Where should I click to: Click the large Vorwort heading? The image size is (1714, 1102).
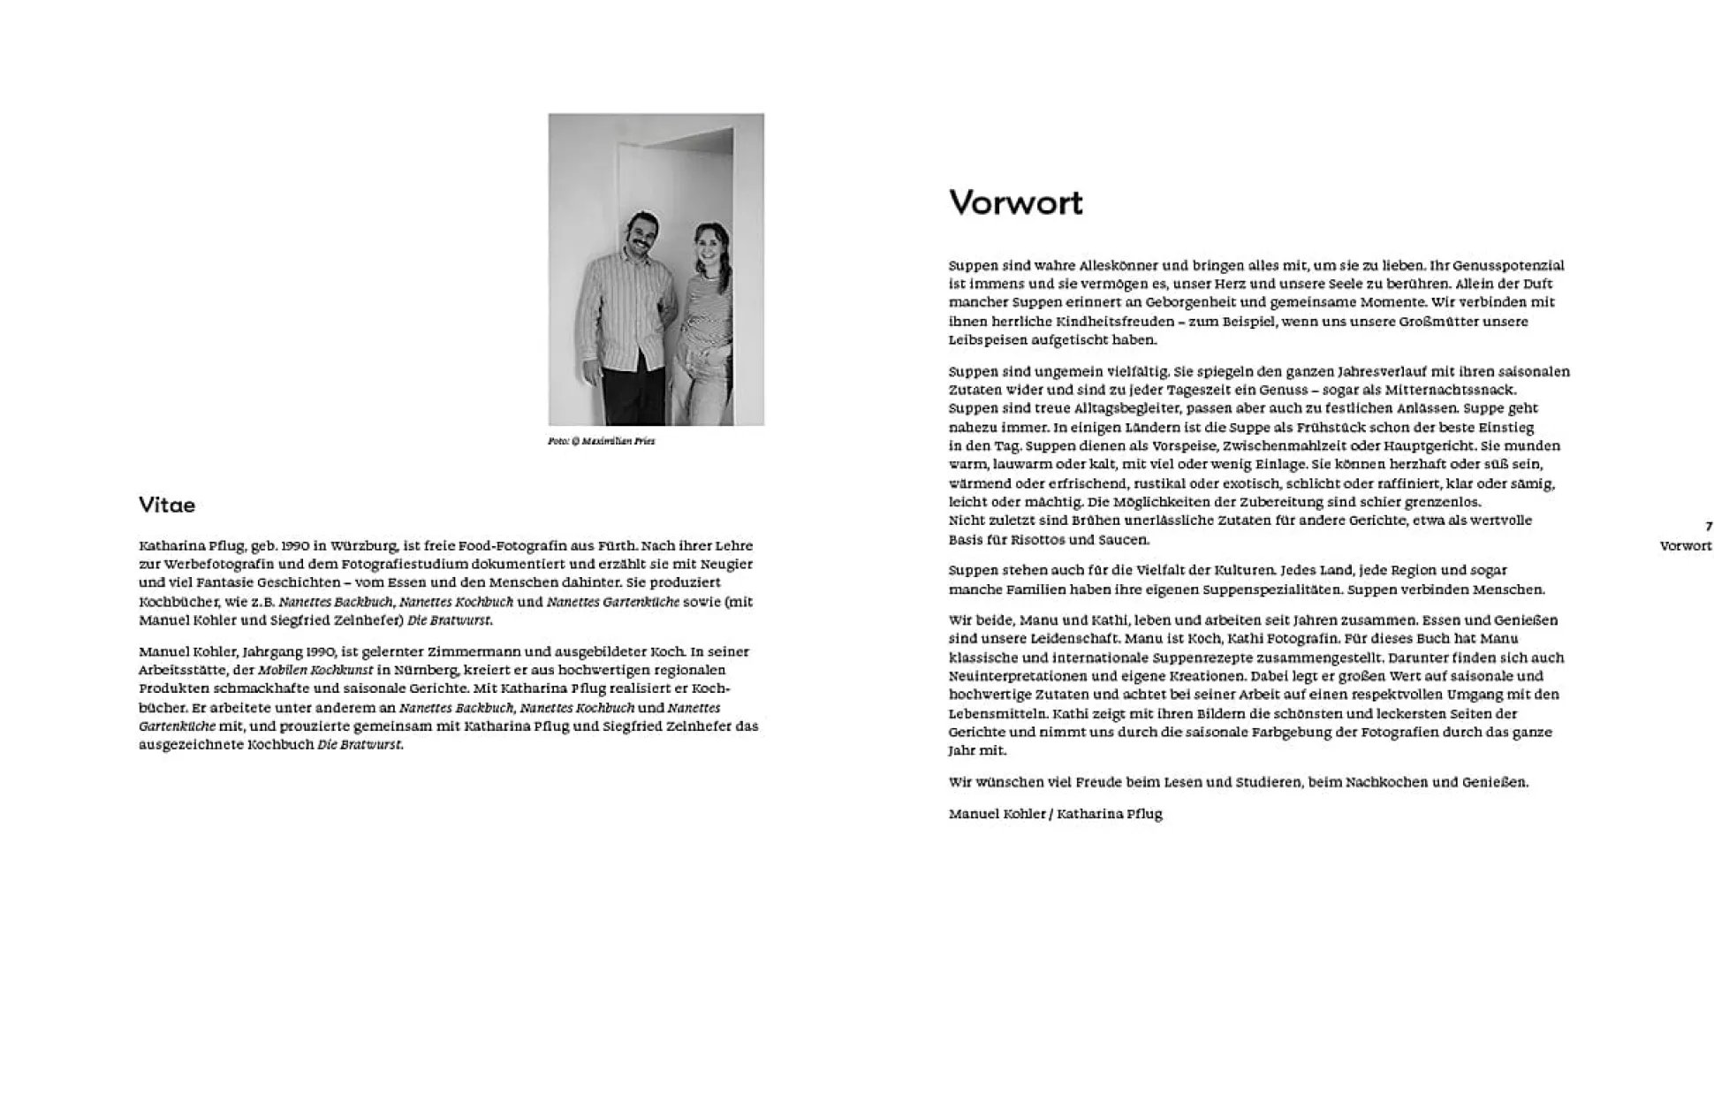(x=1015, y=202)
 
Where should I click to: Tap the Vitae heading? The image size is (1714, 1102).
(x=167, y=505)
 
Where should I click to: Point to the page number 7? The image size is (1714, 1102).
(x=1708, y=527)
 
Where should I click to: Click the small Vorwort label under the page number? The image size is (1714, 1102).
(x=1685, y=546)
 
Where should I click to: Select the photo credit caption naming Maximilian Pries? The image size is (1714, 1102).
(x=601, y=441)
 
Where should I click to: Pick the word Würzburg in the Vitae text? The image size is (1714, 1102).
(x=363, y=546)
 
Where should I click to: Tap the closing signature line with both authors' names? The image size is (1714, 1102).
(x=1055, y=814)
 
